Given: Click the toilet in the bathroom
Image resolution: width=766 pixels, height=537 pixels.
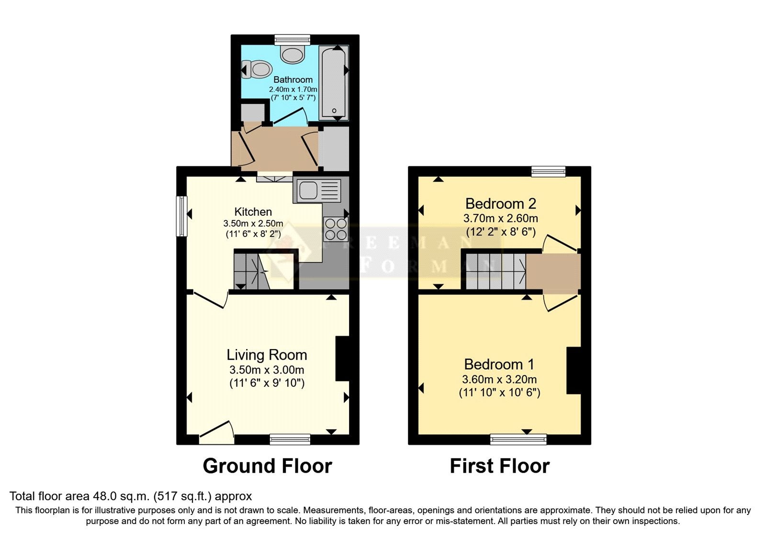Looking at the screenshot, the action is tap(257, 70).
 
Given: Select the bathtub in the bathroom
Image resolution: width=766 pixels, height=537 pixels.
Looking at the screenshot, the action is tap(334, 83).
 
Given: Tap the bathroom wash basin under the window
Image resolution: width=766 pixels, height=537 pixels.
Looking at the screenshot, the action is tap(293, 54).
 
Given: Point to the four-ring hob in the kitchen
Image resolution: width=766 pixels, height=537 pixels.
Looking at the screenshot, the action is tap(336, 229).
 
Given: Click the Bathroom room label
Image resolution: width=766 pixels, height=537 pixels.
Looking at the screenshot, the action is tap(293, 80).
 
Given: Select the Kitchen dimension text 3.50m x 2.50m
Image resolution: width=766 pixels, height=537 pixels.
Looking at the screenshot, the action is tap(253, 223).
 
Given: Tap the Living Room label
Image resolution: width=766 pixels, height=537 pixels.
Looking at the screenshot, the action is tap(267, 355).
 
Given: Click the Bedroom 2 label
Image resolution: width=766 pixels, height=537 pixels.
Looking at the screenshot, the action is tap(500, 204).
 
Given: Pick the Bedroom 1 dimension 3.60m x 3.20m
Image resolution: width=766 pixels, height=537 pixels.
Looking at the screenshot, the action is tap(499, 379).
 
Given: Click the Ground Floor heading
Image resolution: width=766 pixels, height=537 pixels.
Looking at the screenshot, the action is tap(268, 466).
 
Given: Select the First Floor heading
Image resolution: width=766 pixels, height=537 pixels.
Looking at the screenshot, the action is tap(500, 466).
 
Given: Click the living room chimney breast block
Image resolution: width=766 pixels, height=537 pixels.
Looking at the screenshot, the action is tap(342, 359).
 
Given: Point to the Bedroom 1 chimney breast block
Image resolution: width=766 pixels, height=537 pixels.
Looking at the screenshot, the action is tap(574, 371).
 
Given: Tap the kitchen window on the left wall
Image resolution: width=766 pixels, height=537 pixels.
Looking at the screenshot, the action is tap(181, 216).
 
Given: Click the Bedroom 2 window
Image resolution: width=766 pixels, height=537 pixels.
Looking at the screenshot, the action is tap(549, 171).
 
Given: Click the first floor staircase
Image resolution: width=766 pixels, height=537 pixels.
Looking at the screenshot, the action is tap(496, 271).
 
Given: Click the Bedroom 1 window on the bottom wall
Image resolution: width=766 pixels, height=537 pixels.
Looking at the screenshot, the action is tap(518, 439).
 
